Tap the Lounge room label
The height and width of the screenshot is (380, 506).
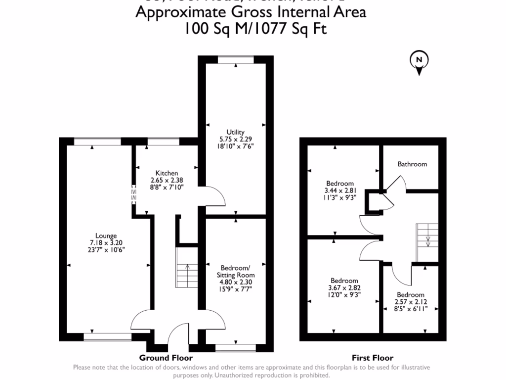point(107,236)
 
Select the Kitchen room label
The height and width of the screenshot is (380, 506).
point(168,173)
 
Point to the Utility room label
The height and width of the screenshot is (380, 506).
point(236,132)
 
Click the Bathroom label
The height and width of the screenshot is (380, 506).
point(412,164)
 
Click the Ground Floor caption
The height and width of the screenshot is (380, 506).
point(166,358)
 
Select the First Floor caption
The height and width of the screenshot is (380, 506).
point(373,358)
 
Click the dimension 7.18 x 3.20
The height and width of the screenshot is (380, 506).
point(107,243)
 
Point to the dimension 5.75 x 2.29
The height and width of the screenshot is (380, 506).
point(236,139)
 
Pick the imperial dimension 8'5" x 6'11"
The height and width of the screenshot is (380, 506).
point(410,308)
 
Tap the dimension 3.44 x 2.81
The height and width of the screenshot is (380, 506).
point(340,190)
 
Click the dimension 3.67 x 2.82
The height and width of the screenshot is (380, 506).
point(344,287)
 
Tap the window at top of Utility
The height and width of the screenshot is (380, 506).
point(236,60)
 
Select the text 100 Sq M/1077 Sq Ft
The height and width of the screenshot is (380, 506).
point(255,29)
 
